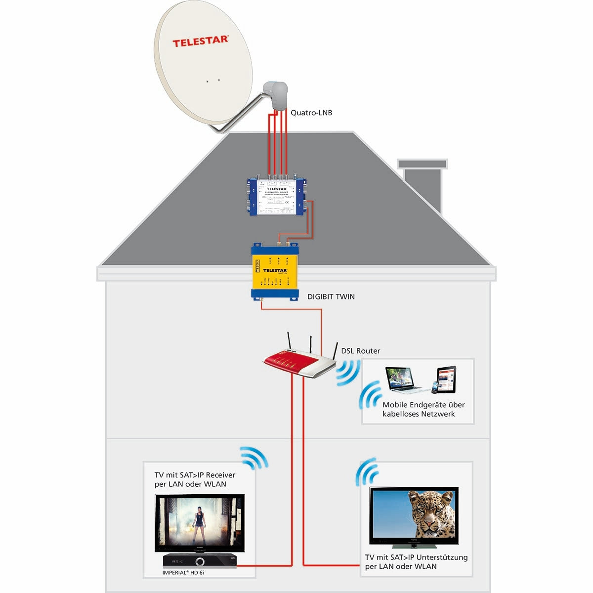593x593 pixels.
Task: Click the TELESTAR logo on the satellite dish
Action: [200, 41]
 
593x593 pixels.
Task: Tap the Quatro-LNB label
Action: [311, 113]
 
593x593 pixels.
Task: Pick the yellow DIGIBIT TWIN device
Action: [275, 272]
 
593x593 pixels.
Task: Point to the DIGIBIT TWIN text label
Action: [331, 296]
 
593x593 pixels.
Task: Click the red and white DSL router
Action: [298, 363]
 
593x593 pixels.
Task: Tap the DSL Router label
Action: [361, 351]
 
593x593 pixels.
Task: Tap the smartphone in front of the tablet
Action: [434, 387]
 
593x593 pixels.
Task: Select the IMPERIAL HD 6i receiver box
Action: [200, 561]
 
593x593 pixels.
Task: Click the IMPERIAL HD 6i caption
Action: [183, 573]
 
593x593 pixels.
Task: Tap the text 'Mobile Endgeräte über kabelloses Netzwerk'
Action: [423, 409]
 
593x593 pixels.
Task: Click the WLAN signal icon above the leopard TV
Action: [367, 473]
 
